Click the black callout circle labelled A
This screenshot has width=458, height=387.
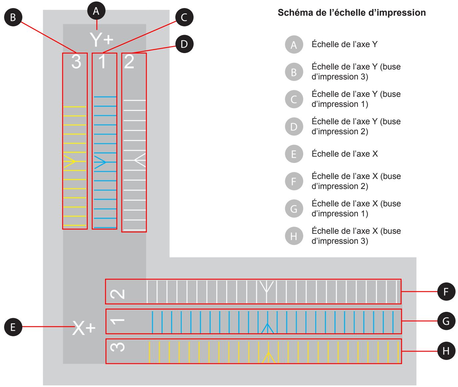tap(96, 11)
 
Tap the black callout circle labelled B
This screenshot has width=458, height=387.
tap(13, 18)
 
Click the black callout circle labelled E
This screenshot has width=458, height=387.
tap(13, 327)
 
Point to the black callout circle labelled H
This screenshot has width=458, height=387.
tap(446, 351)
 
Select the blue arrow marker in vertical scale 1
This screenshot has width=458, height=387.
tap(100, 162)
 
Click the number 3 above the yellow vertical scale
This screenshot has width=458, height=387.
tap(76, 62)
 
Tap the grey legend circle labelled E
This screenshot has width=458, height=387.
tap(294, 154)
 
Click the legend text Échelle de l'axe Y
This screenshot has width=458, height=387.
tap(345, 44)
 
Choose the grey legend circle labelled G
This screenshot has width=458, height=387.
tap(294, 209)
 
